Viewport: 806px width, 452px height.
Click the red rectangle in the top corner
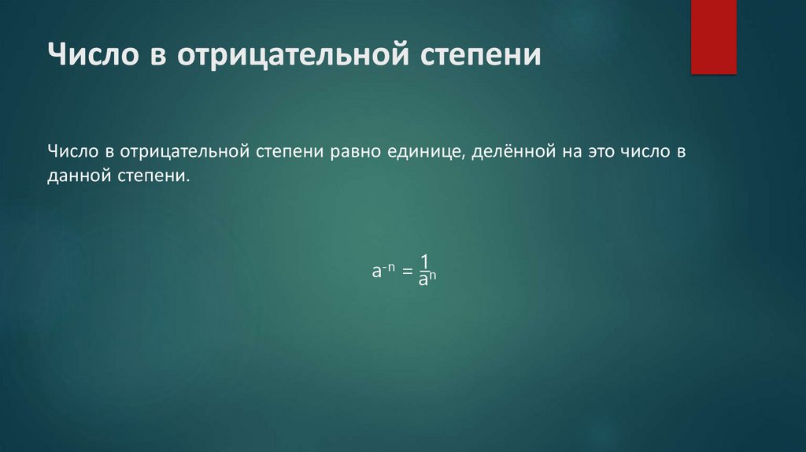click(x=713, y=36)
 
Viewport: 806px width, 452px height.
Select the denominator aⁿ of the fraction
click(x=427, y=280)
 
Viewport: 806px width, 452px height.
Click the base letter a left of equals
click(x=377, y=272)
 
